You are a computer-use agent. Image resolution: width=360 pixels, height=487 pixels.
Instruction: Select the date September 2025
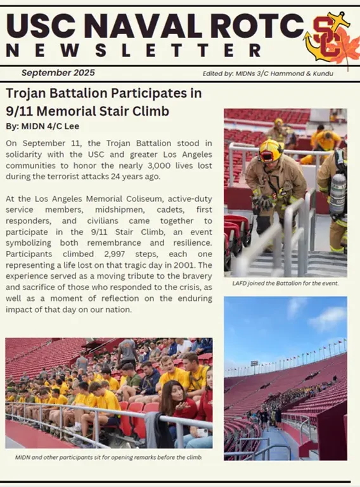click(58, 73)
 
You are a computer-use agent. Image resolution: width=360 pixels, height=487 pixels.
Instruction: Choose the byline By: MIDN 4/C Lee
click(42, 126)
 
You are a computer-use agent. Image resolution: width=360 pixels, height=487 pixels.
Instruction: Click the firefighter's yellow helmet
click(271, 150)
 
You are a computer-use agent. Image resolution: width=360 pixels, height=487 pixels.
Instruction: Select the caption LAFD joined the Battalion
click(285, 283)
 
